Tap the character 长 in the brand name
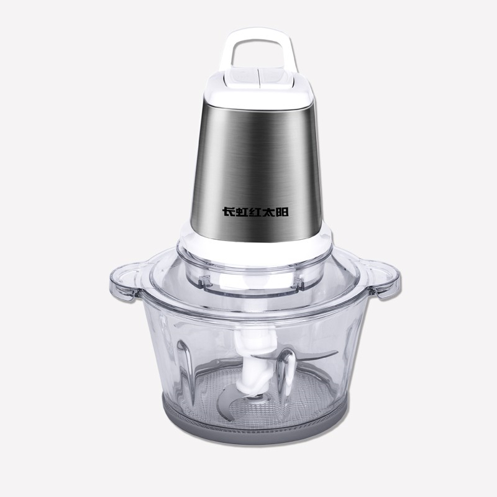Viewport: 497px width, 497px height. point(228,212)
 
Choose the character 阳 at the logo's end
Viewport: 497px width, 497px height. point(282,212)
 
